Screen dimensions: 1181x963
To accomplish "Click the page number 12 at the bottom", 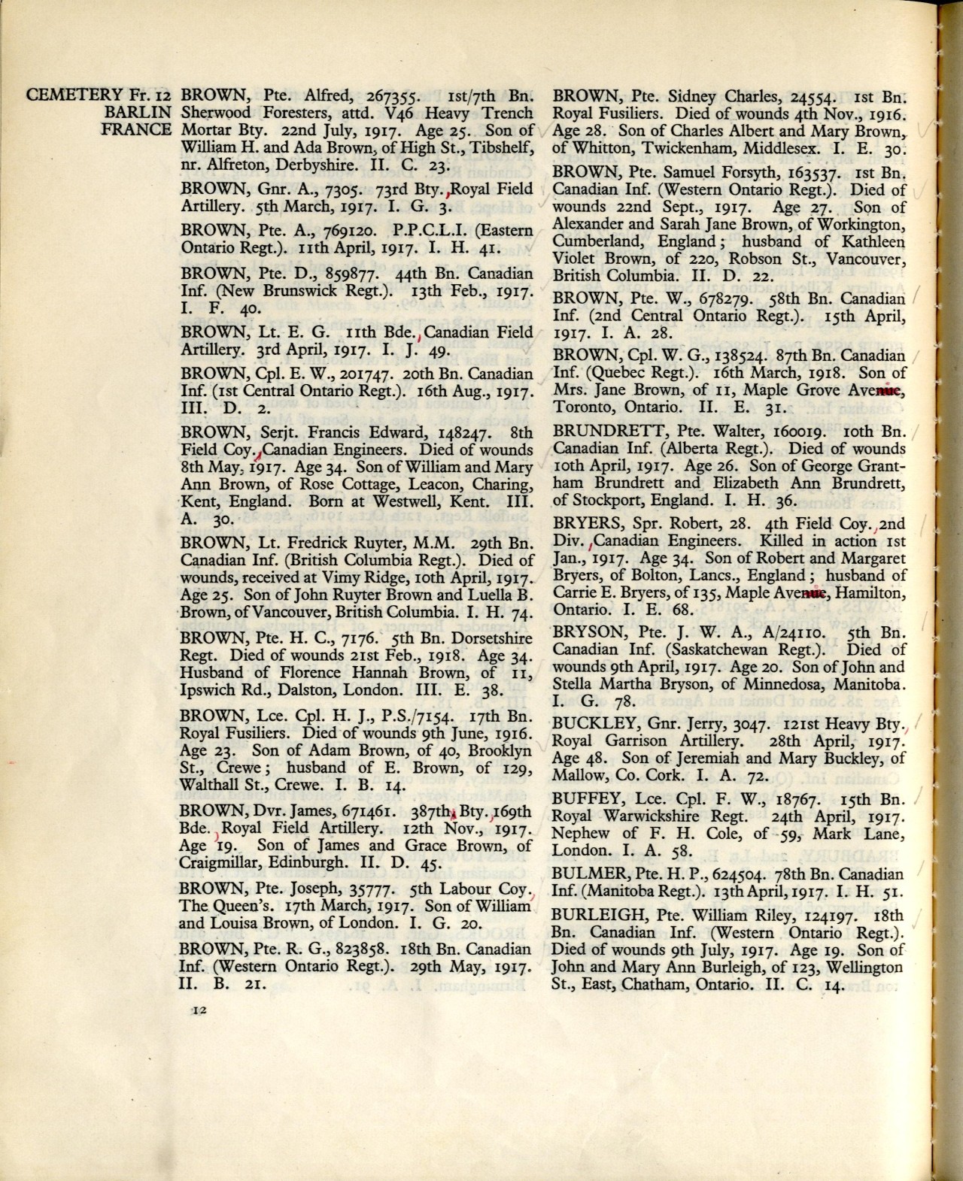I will tap(199, 1011).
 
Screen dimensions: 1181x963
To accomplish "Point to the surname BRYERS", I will tap(582, 523).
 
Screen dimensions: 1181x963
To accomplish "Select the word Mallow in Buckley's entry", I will tap(576, 774).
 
